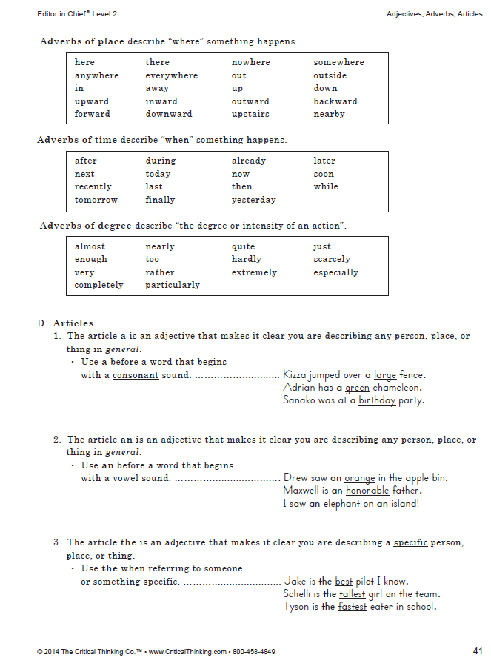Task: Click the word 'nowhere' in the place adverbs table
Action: click(250, 63)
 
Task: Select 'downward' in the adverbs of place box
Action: click(168, 115)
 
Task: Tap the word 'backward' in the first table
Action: click(335, 101)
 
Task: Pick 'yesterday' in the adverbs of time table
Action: click(253, 200)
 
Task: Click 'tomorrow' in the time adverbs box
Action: click(96, 200)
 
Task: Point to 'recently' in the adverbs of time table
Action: click(93, 187)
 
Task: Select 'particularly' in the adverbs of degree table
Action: click(173, 285)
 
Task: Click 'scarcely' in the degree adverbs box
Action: click(332, 260)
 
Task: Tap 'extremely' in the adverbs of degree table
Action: click(254, 272)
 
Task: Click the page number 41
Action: click(477, 651)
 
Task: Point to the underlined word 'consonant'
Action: click(136, 375)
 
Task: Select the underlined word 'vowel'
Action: click(125, 478)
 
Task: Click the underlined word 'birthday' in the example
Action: click(377, 401)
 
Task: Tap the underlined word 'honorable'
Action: click(367, 491)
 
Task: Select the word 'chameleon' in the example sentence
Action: click(396, 388)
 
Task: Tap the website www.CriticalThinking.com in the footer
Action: click(187, 652)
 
